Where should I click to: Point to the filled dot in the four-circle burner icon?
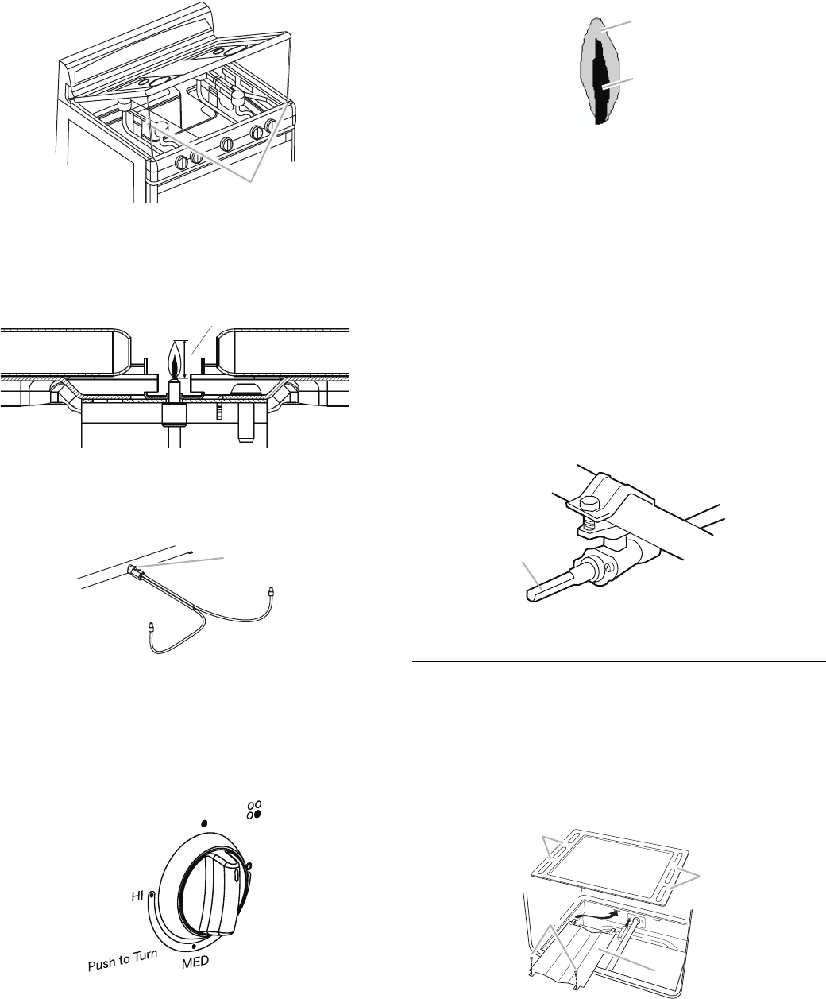pos(259,815)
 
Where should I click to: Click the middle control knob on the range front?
pos(226,144)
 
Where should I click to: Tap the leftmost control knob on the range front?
pos(181,161)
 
